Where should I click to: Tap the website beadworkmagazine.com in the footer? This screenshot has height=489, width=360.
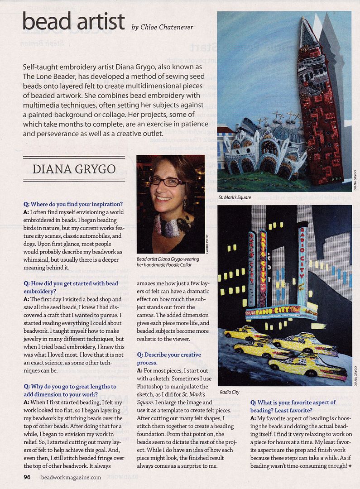[x=71, y=477]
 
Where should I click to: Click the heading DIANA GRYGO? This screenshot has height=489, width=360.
[x=74, y=169]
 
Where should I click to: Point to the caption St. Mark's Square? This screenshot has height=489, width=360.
[x=235, y=197]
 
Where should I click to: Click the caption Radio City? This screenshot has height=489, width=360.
[x=229, y=392]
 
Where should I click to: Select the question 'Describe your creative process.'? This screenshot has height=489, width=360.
[x=169, y=359]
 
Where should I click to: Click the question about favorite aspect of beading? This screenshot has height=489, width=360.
[x=293, y=406]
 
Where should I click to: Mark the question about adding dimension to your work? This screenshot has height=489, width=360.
[x=70, y=390]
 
